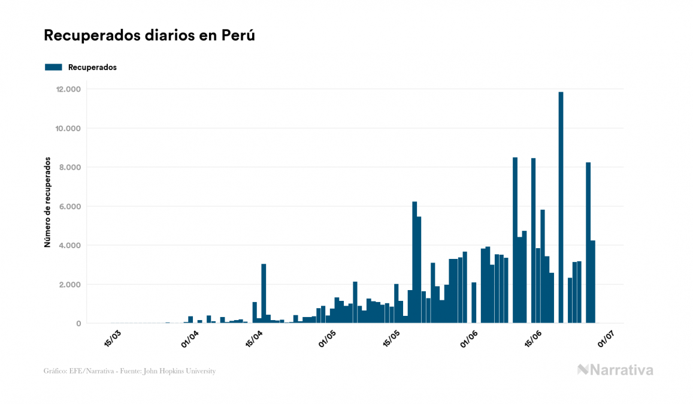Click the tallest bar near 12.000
[x=561, y=207]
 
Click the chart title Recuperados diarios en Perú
[x=149, y=35]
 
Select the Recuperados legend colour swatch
[x=53, y=67]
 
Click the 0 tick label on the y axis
[x=78, y=324]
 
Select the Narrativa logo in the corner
[x=615, y=370]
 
